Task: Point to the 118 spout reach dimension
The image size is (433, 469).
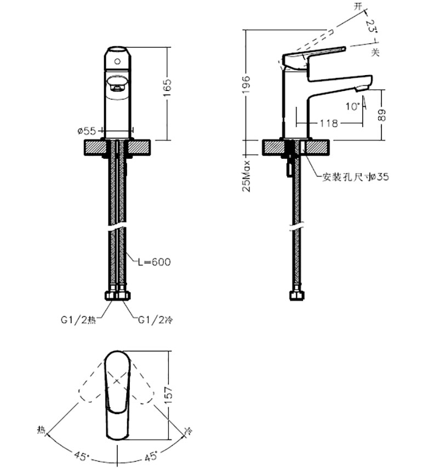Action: point(328,123)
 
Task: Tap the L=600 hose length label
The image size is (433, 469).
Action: point(153,262)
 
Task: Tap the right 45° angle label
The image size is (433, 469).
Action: point(150,454)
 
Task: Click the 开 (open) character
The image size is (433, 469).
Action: point(358,7)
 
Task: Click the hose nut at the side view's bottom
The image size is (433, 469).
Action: point(297,296)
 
